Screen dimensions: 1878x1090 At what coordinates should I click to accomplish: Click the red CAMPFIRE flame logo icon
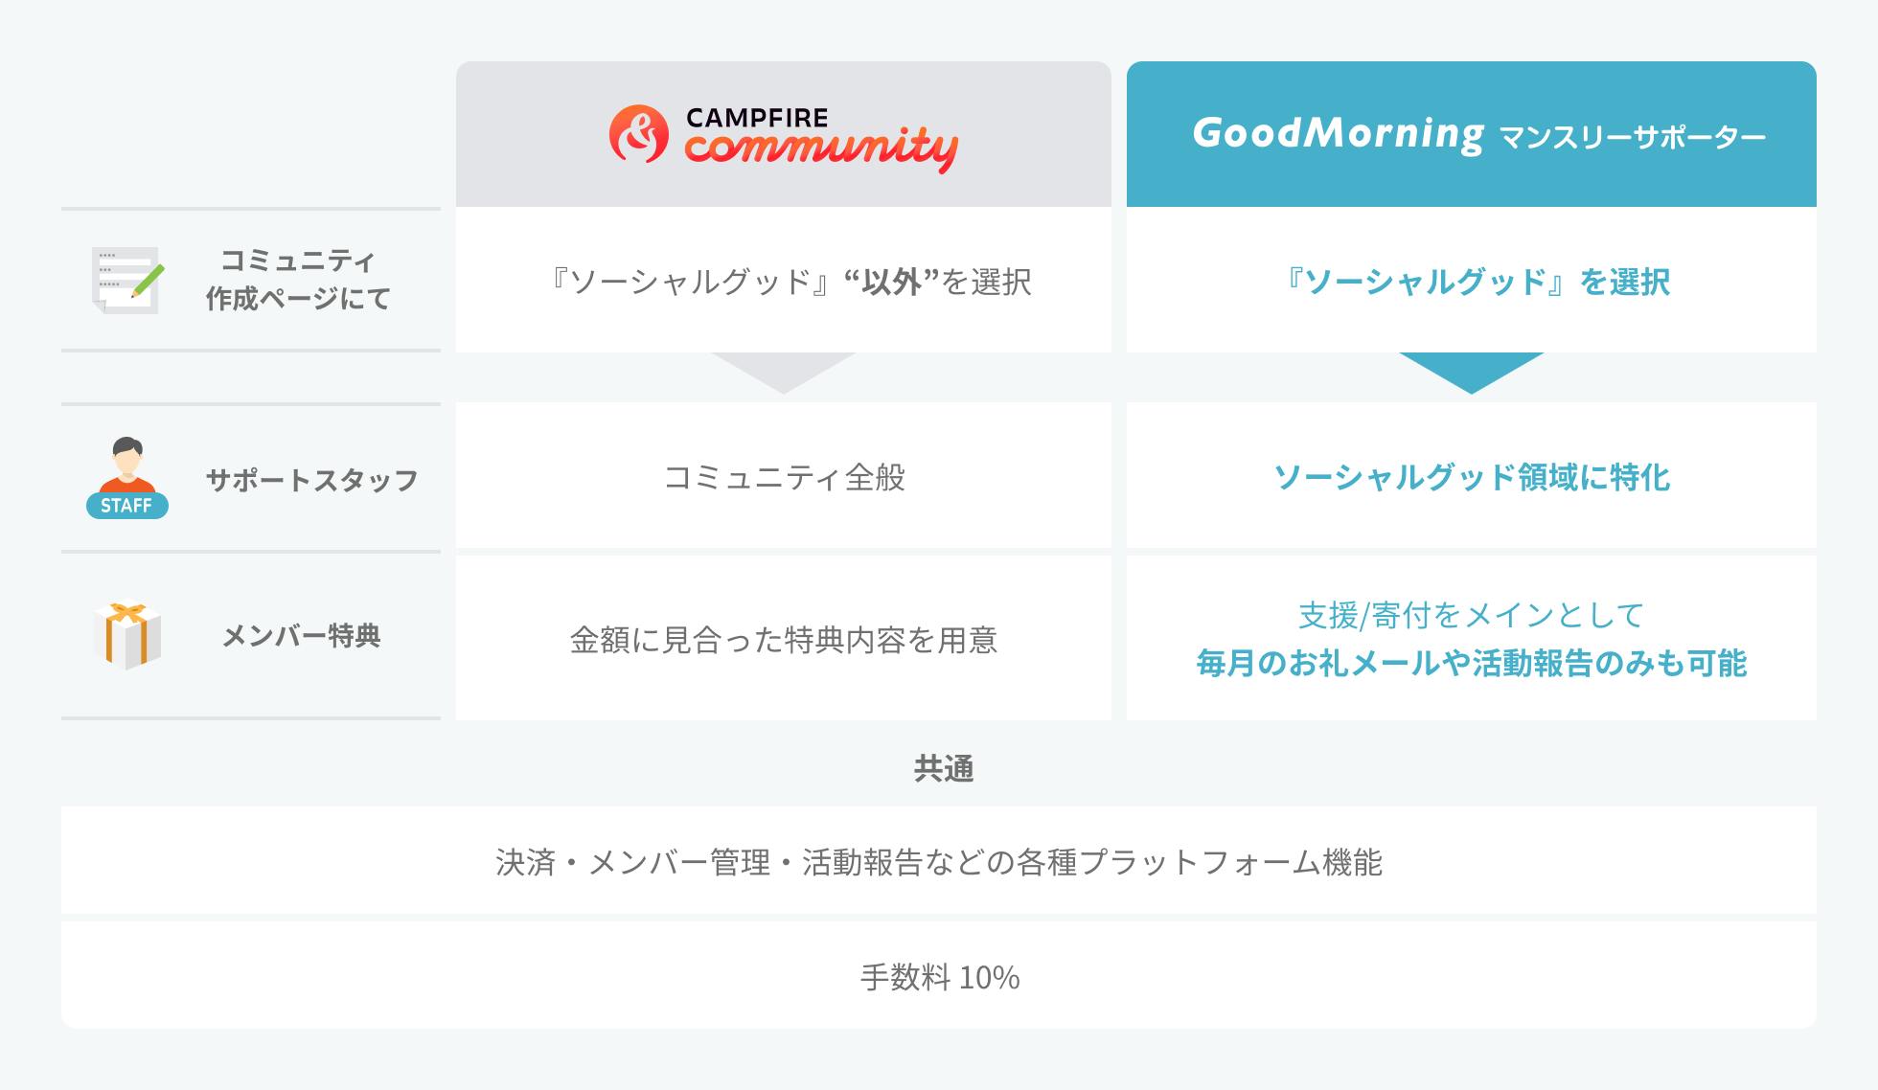tap(638, 134)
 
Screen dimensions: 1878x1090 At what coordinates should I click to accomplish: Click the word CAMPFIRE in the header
tap(757, 118)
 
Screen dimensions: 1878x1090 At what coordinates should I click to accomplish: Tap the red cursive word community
tap(821, 149)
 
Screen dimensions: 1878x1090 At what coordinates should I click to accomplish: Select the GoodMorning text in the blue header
tap(1339, 134)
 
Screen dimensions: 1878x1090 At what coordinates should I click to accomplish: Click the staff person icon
tap(127, 478)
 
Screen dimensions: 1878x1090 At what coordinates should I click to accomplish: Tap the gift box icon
tap(127, 634)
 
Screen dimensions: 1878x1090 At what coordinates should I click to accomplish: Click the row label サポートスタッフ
tap(312, 480)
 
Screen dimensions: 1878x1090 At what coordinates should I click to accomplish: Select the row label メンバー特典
tap(302, 635)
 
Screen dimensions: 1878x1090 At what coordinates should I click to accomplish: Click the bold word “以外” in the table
tap(891, 282)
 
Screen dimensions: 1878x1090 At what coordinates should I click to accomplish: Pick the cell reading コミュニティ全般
tap(785, 477)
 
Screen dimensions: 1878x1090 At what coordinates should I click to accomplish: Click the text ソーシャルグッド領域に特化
tap(1472, 477)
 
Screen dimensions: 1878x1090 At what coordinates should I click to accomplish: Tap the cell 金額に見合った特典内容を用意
tap(784, 639)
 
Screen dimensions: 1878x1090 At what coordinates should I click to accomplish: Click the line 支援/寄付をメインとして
tap(1472, 615)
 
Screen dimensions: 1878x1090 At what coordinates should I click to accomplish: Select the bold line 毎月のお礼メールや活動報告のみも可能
tap(1472, 663)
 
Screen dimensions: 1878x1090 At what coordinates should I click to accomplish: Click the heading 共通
tap(944, 768)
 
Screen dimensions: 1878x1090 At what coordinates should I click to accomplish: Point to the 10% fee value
tap(989, 978)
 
